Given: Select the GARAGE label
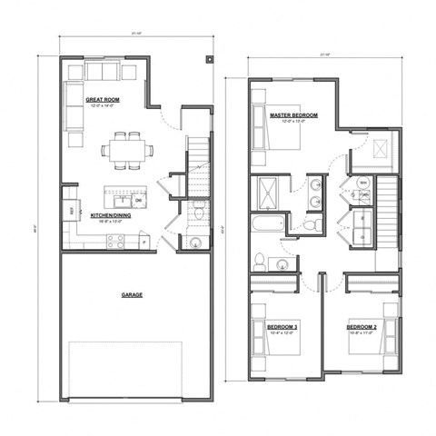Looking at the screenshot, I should click(x=134, y=294).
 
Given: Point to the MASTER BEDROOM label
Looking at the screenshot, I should click(x=292, y=114).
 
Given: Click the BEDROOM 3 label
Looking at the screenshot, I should click(x=283, y=325).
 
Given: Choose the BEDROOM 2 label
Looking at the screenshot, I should click(x=363, y=325).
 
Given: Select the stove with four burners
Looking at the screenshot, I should click(x=116, y=241).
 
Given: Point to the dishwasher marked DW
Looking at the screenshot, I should click(x=138, y=202).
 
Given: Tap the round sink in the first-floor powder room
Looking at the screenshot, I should click(x=195, y=242).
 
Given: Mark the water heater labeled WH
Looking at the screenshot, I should click(x=362, y=183).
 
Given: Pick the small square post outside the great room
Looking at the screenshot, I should click(x=211, y=61).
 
